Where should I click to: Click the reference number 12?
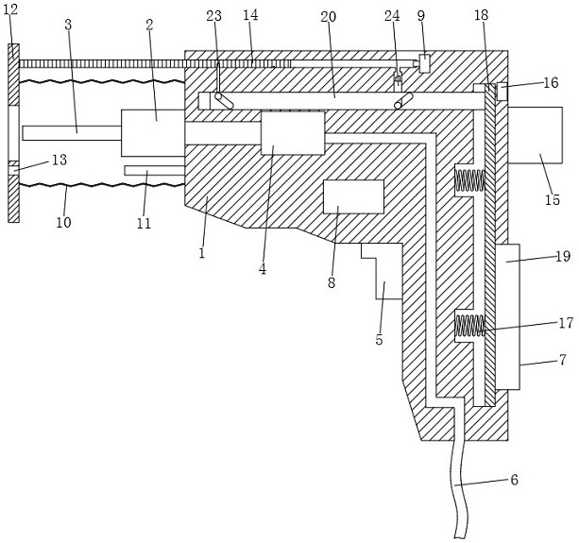point(10,9)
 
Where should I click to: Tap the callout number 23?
point(213,16)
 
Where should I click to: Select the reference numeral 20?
point(329,17)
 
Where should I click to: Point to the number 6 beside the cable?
point(514,480)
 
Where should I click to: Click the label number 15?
point(553,199)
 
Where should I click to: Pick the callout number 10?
point(63,222)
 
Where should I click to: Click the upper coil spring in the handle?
point(469,180)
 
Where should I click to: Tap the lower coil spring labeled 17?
point(469,325)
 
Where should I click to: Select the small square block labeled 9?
point(425,63)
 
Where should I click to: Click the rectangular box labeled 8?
point(353,196)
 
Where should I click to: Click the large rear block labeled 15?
point(535,135)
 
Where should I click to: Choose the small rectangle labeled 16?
point(502,92)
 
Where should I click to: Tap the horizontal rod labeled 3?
point(72,133)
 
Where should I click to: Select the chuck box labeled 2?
point(152,133)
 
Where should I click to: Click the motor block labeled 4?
point(293,133)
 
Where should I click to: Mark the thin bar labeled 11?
point(154,170)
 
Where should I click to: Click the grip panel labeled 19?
point(508,316)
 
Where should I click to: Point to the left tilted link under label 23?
point(224,101)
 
